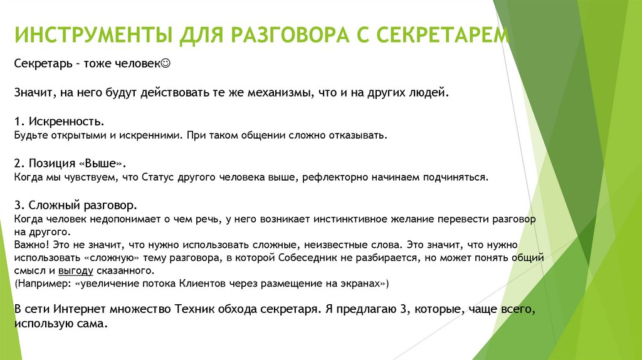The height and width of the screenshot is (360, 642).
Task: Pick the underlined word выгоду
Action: [76, 271]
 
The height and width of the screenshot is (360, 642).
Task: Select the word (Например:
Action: [41, 284]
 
